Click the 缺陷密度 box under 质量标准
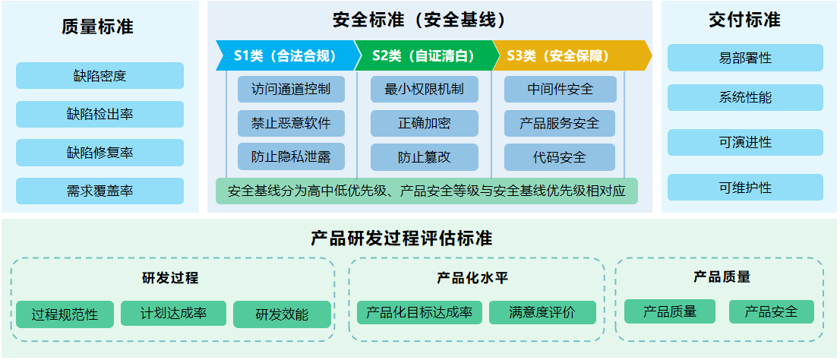pyautogui.click(x=99, y=75)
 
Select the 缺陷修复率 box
pyautogui.click(x=99, y=153)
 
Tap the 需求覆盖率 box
pyautogui.click(x=99, y=191)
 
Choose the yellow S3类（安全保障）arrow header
pyautogui.click(x=571, y=55)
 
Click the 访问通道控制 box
pyautogui.click(x=291, y=90)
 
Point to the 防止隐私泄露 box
pyautogui.click(x=291, y=157)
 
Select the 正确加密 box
pyautogui.click(x=425, y=123)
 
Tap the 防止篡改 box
pyautogui.click(x=425, y=157)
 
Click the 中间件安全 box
pyautogui.click(x=560, y=90)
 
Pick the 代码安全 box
pyautogui.click(x=560, y=157)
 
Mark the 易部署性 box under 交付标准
pyautogui.click(x=745, y=58)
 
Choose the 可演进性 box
pyautogui.click(x=745, y=143)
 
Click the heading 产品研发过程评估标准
pyautogui.click(x=401, y=238)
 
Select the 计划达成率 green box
pyautogui.click(x=174, y=313)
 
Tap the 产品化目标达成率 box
pyautogui.click(x=419, y=312)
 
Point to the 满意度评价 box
pyautogui.click(x=542, y=312)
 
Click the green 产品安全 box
pyautogui.click(x=772, y=311)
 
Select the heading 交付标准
pyautogui.click(x=744, y=21)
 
